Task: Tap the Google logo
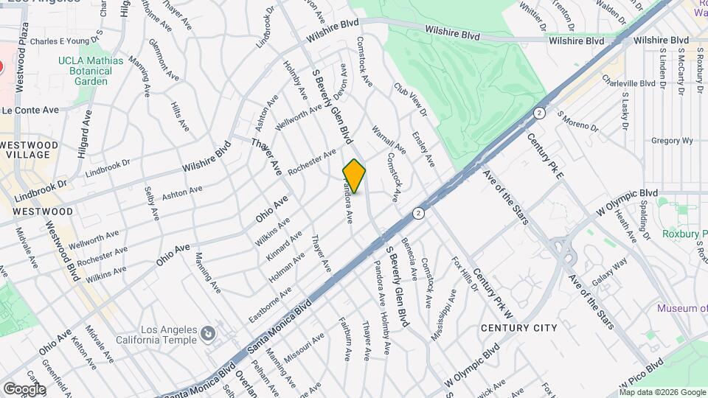point(24,389)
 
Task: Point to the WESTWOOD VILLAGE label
point(25,150)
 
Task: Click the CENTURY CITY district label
point(518,327)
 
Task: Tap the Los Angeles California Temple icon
point(209,335)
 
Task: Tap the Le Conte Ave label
point(29,110)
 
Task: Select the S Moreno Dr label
point(578,122)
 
